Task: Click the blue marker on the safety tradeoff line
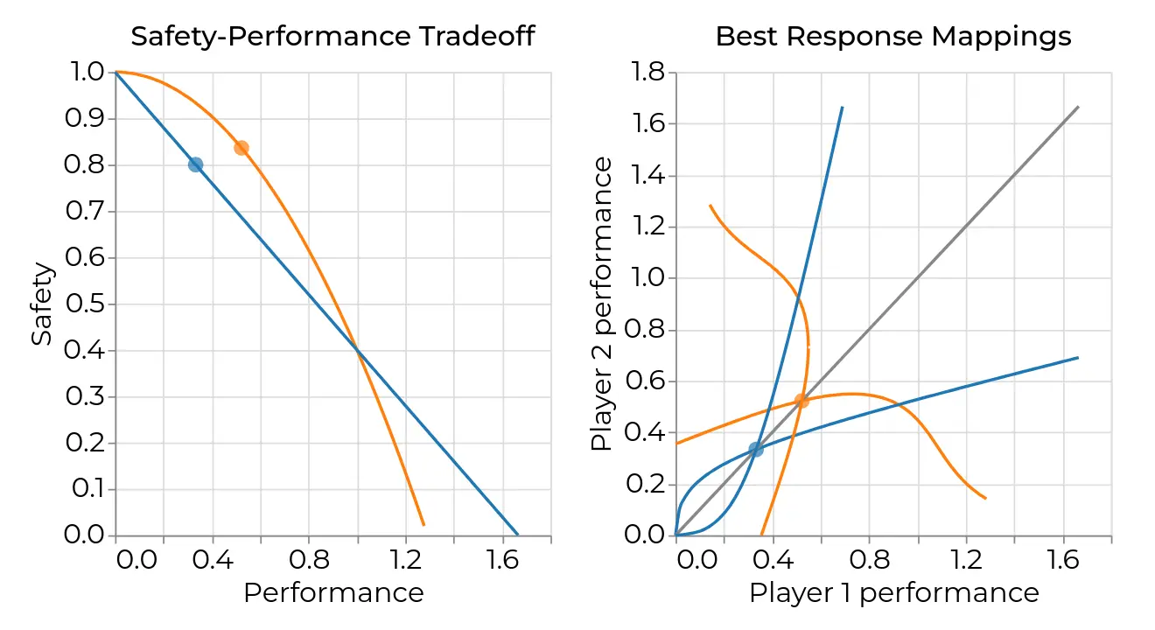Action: pos(196,164)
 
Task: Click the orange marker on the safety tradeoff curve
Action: pos(241,148)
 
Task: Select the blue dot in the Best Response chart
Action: pos(756,449)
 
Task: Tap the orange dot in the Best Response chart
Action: pos(801,401)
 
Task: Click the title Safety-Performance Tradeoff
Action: pos(332,37)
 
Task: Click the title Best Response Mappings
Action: pos(893,37)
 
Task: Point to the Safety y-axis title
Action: pos(42,304)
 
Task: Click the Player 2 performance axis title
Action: pos(601,304)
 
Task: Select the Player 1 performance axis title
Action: pos(893,593)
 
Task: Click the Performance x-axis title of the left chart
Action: pos(333,593)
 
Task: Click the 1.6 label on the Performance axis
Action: pos(503,559)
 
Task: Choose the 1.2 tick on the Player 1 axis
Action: pos(967,559)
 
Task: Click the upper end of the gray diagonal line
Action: pos(1078,107)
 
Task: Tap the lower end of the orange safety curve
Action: pos(423,524)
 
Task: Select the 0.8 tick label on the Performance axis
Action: pos(309,559)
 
